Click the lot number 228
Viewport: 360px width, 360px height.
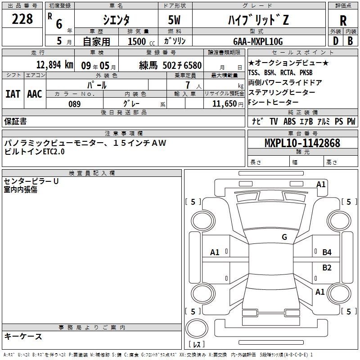point(22,19)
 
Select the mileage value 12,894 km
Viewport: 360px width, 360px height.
point(55,65)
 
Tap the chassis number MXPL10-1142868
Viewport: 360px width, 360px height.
point(302,143)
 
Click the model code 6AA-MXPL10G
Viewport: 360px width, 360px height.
point(258,41)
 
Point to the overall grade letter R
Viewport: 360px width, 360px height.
point(343,21)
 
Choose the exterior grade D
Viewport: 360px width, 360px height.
point(335,41)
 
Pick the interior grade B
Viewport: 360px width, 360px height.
point(350,41)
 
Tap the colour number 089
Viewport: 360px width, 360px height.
point(75,104)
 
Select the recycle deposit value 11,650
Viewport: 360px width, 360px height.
point(225,104)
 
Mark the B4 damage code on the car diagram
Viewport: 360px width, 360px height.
point(327,252)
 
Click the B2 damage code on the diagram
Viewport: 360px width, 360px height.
point(327,268)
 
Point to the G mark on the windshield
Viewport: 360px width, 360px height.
point(284,237)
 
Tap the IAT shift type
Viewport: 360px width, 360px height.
point(13,94)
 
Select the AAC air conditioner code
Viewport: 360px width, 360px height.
point(35,94)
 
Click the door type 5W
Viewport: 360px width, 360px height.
point(174,20)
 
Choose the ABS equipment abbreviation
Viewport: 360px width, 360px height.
point(289,121)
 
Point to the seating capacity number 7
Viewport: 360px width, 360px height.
point(188,85)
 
